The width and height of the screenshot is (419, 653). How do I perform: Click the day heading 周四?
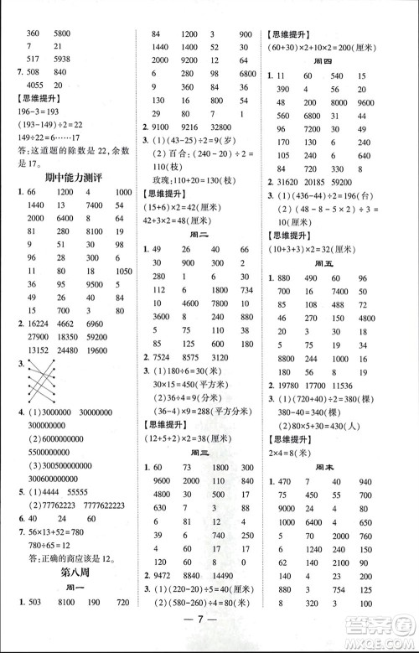339,58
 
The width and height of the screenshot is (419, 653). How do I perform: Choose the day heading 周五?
339,254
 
